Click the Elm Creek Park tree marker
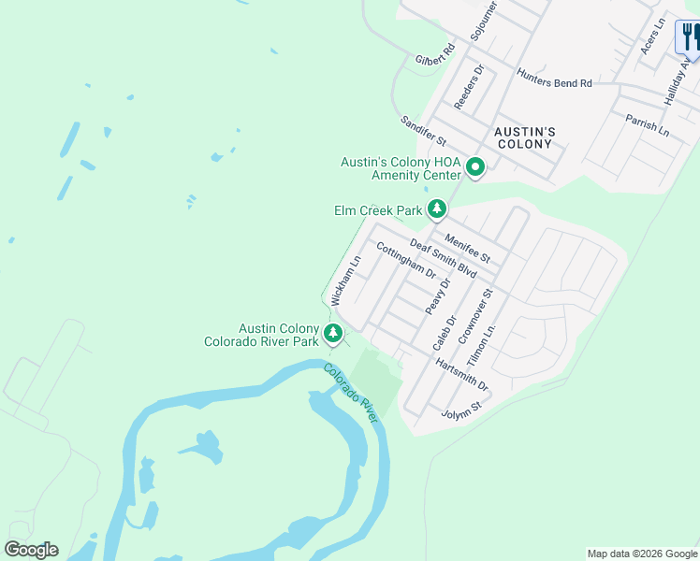coord(436,209)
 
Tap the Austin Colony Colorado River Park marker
coord(332,334)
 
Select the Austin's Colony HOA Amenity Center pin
coord(475,168)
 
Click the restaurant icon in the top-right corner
coord(691,38)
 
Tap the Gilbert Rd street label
coord(435,54)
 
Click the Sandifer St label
coord(423,134)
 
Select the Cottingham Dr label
coord(406,260)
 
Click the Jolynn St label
coord(460,410)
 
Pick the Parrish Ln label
coord(649,125)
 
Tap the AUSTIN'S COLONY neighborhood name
coord(525,137)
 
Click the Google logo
coord(31,550)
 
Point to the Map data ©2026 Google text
coord(641,554)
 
